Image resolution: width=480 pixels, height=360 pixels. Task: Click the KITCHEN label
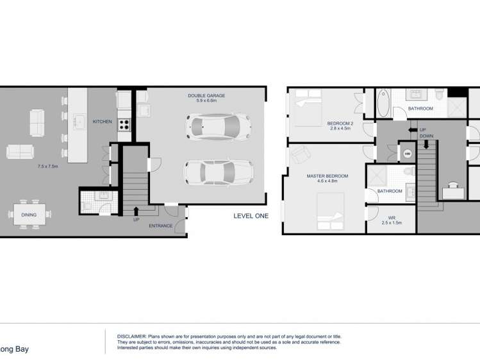(103, 122)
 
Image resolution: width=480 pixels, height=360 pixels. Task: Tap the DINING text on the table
(28, 216)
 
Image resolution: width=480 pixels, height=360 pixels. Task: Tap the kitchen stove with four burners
(124, 125)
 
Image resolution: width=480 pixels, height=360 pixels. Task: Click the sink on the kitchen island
(79, 121)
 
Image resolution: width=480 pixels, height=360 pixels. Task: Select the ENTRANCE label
(160, 226)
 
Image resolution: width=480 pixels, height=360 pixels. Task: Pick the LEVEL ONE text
(251, 217)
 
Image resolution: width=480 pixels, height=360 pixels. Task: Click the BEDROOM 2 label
(340, 123)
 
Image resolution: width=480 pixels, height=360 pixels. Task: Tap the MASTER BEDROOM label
(327, 176)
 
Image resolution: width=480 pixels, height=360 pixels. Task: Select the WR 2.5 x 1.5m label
(390, 220)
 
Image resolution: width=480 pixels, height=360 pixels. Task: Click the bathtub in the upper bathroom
(383, 102)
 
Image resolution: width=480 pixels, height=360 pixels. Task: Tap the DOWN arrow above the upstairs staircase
(426, 144)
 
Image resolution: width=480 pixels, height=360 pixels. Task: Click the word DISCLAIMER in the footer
(131, 336)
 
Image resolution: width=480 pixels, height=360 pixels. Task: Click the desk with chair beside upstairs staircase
(453, 190)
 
